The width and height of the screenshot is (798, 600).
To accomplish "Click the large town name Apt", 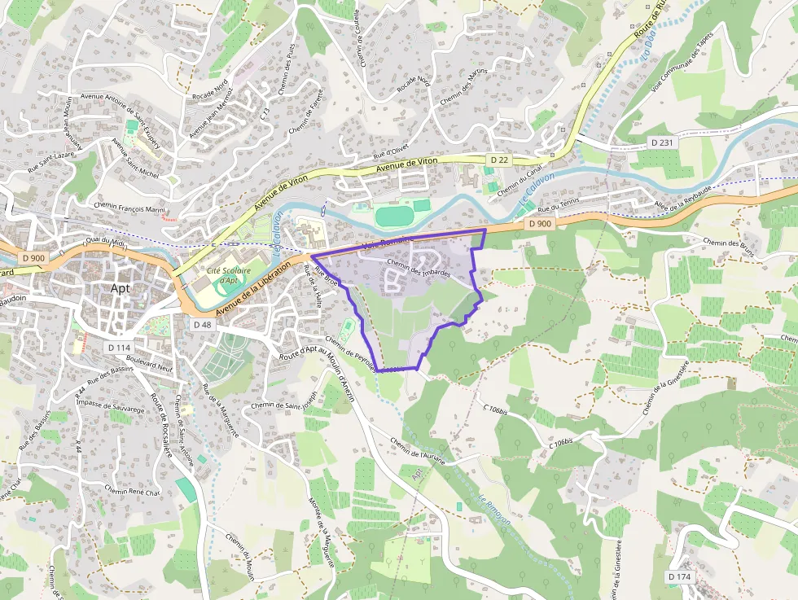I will click(121, 288).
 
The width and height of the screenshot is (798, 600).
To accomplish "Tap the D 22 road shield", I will click(499, 160).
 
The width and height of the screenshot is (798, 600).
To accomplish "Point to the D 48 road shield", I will click(203, 324).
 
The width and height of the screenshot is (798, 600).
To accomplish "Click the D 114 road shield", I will click(118, 348).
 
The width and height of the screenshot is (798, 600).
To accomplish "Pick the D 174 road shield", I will click(679, 576).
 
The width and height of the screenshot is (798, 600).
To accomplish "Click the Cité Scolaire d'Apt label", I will click(229, 275).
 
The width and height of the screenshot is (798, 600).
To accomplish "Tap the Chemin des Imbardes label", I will click(419, 268).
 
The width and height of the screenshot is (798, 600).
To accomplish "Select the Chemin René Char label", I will click(134, 491).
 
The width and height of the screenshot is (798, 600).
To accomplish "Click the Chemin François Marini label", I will click(129, 208).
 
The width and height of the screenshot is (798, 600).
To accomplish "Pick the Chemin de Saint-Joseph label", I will click(283, 404).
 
